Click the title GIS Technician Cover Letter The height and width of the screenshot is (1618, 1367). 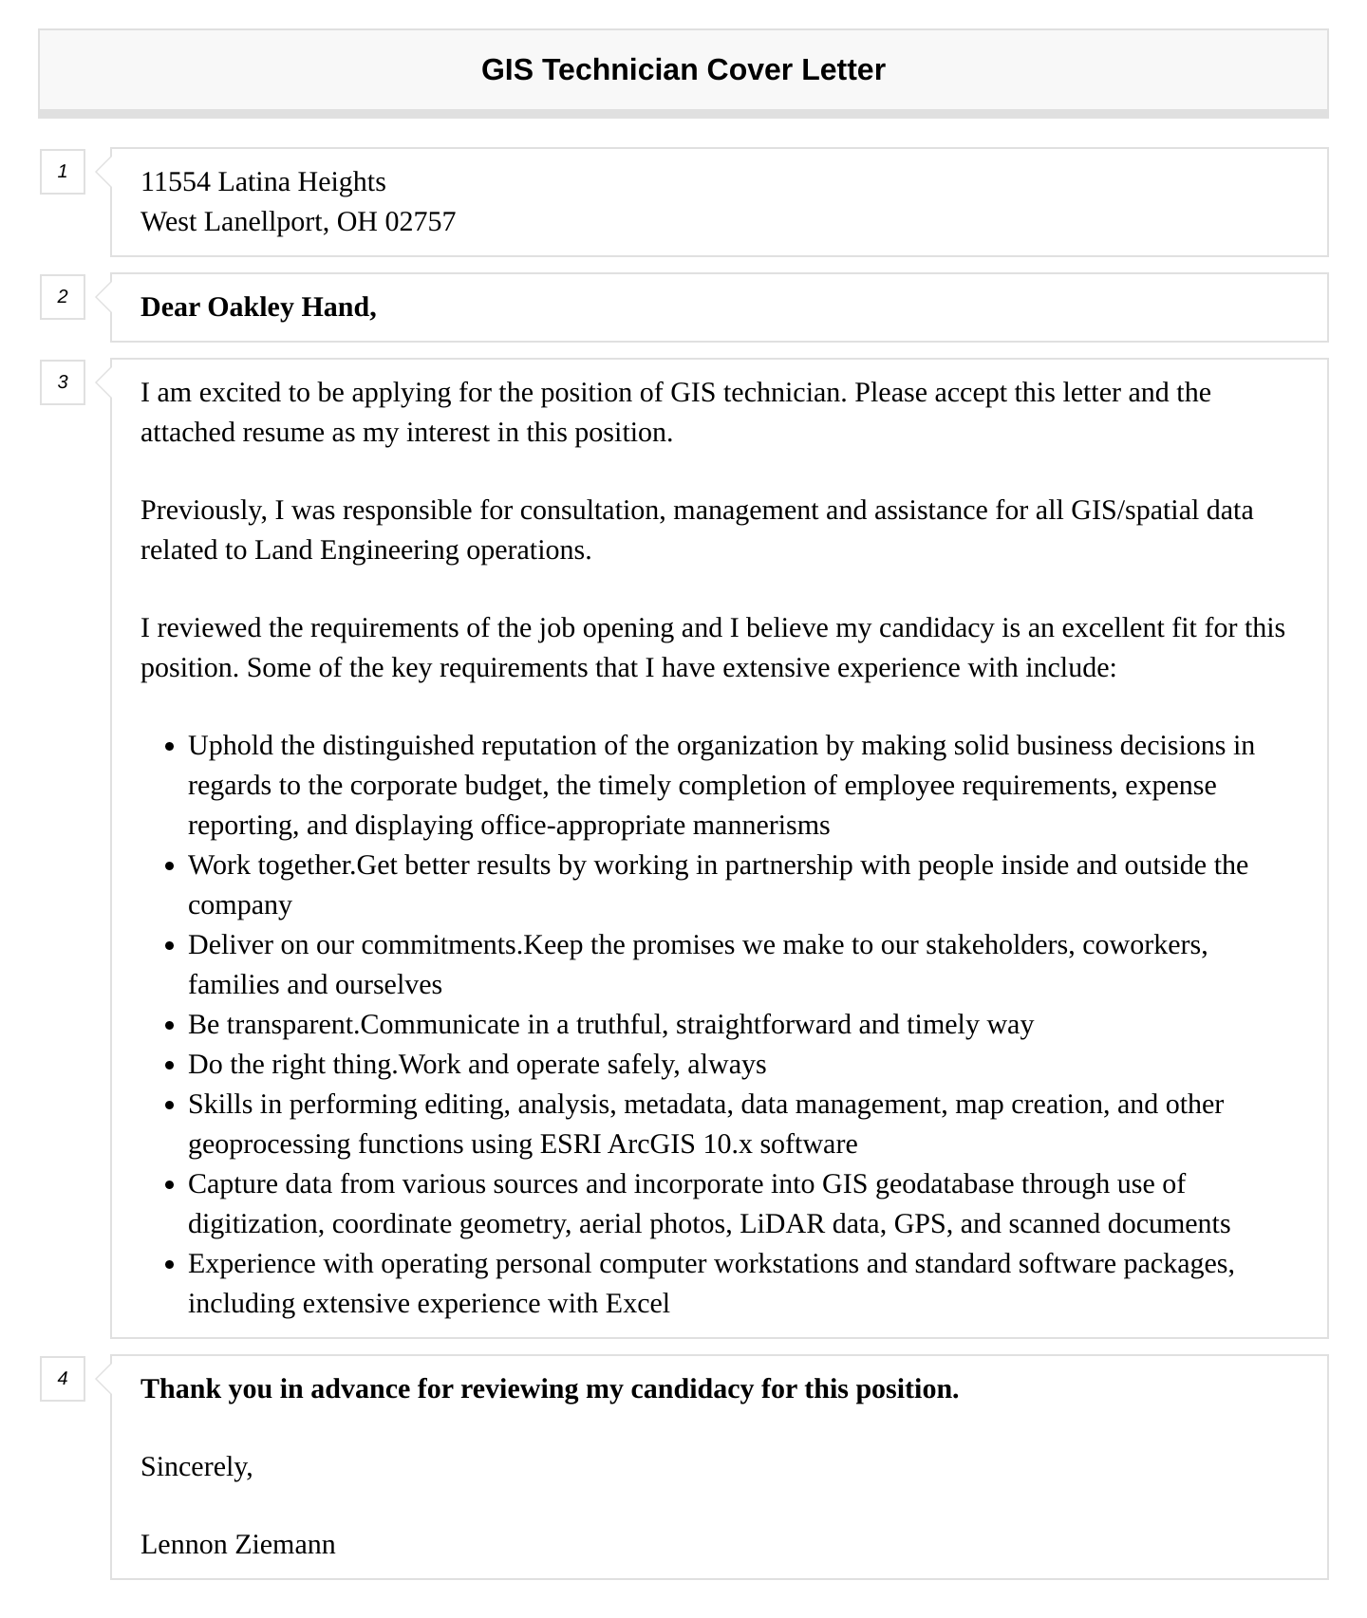[x=683, y=70]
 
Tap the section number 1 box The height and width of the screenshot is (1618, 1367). [x=63, y=172]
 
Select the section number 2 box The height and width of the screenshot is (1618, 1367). [x=63, y=297]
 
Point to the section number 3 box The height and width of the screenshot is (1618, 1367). [x=63, y=382]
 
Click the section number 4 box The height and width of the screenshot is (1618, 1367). [x=63, y=1379]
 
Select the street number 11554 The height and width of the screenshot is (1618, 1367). [x=176, y=182]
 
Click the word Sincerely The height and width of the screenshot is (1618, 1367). [x=196, y=1467]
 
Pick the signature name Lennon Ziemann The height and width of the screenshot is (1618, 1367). [x=237, y=1545]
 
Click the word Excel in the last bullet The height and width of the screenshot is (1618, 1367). [x=638, y=1304]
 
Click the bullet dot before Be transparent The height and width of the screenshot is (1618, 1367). [x=170, y=1027]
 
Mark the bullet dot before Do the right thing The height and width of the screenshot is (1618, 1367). [x=170, y=1067]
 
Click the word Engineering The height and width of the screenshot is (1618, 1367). [x=389, y=550]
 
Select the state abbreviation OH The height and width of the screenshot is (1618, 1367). [x=357, y=222]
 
